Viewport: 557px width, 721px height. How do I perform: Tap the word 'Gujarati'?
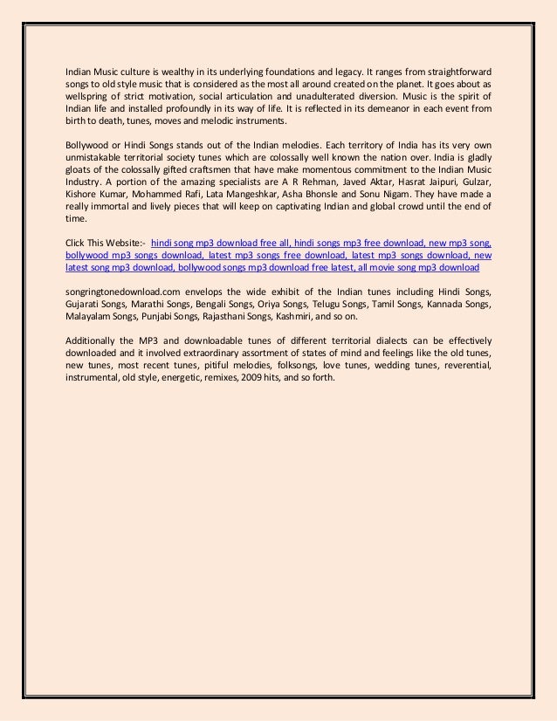(86, 303)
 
